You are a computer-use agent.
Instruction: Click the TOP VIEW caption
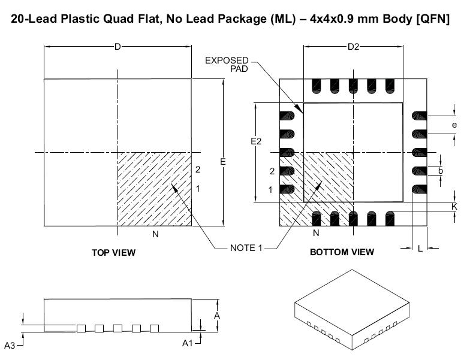[x=113, y=252]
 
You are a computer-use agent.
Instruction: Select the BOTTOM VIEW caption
[x=342, y=252]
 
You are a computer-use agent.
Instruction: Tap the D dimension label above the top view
[x=117, y=47]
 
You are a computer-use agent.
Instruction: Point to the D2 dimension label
[x=353, y=47]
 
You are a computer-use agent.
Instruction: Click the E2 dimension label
[x=256, y=141]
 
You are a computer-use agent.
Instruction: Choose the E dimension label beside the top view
[x=222, y=162]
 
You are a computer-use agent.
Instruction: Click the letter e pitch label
[x=454, y=125]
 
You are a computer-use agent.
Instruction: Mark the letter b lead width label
[x=441, y=171]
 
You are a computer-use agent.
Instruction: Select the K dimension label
[x=454, y=206]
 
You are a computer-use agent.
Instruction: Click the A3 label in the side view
[x=10, y=346]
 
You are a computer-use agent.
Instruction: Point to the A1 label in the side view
[x=187, y=343]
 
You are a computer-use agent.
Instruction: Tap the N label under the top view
[x=155, y=235]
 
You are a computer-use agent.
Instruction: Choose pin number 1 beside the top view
[x=198, y=188]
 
